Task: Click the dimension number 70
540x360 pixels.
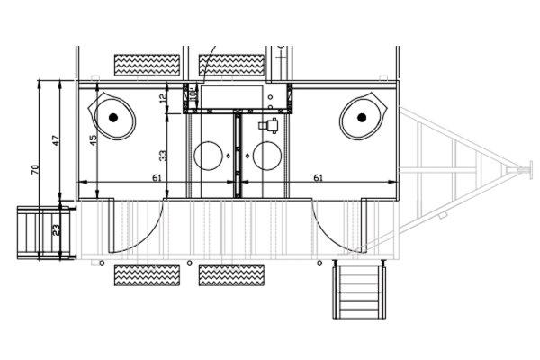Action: (34, 168)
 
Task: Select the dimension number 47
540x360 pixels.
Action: (56, 141)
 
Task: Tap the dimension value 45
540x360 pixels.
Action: (93, 140)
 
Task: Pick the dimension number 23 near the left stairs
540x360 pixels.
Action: (57, 230)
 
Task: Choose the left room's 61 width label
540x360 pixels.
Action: (157, 178)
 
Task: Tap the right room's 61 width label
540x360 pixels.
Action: (318, 178)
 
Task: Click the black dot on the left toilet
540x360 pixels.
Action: (113, 117)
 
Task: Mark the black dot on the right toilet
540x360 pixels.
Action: (361, 117)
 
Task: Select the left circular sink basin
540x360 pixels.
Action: (211, 156)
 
